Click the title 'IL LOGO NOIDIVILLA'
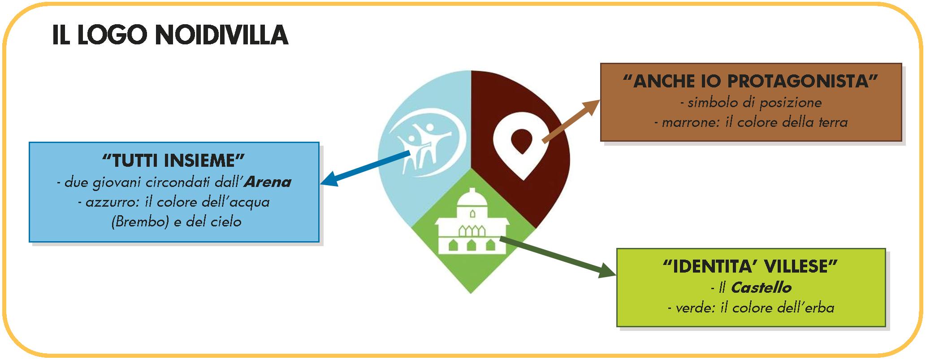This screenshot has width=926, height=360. (170, 35)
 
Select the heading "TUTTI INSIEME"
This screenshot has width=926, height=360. (173, 160)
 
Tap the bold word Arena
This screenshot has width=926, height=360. (268, 182)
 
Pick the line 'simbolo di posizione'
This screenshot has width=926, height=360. (751, 103)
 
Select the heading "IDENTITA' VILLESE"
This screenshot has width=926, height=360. (750, 266)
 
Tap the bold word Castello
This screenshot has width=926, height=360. (761, 287)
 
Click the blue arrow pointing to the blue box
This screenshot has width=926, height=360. (365, 169)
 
